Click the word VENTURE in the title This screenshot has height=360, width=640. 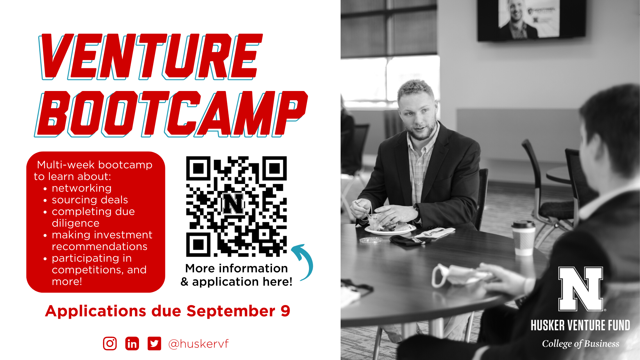(x=151, y=57)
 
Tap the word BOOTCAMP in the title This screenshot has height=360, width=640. (x=171, y=114)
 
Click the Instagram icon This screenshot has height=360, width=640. (x=110, y=343)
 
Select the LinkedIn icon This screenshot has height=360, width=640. (x=132, y=343)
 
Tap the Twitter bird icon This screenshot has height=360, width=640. (x=154, y=343)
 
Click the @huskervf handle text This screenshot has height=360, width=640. (x=199, y=344)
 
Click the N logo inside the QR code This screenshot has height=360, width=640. (x=233, y=203)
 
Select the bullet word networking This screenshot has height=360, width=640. (x=82, y=188)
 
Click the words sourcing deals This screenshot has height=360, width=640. (x=90, y=200)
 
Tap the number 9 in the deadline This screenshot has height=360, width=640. (x=285, y=311)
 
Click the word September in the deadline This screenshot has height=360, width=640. (x=231, y=311)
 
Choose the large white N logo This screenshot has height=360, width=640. (x=581, y=289)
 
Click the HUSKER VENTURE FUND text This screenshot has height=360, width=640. (x=580, y=325)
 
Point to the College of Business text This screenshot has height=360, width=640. (x=580, y=344)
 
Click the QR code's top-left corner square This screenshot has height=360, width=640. (x=198, y=169)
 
